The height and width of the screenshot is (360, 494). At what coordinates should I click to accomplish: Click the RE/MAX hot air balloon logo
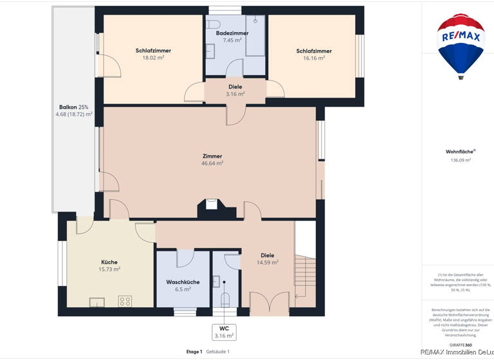(x=461, y=44)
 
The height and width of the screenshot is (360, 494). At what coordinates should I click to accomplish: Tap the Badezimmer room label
(x=232, y=33)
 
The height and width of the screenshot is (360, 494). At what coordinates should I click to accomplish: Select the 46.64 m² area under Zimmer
(x=212, y=163)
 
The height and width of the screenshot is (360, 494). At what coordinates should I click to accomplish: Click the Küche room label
(x=109, y=262)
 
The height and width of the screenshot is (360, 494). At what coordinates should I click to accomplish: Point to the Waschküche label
(x=183, y=282)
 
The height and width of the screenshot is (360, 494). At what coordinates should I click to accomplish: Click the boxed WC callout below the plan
(x=224, y=332)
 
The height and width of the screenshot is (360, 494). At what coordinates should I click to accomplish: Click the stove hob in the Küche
(x=125, y=301)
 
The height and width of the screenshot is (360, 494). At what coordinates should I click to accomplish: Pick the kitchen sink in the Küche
(x=97, y=301)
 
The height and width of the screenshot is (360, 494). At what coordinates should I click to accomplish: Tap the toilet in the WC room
(x=224, y=300)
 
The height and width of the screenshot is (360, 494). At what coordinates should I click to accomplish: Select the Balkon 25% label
(x=73, y=107)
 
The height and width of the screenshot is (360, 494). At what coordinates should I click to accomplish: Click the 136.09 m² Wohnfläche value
(x=461, y=160)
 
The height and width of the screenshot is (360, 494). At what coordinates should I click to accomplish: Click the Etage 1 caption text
(x=194, y=352)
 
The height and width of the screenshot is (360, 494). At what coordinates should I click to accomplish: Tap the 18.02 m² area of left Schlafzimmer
(x=153, y=57)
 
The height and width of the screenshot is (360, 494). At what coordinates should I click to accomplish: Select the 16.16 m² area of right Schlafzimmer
(x=314, y=57)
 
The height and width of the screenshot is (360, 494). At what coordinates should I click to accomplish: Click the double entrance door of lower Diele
(x=269, y=303)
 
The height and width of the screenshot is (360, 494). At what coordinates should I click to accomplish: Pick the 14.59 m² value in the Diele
(x=267, y=262)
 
